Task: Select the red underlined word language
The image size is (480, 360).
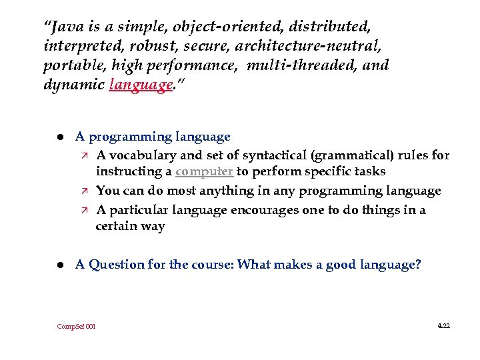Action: [140, 85]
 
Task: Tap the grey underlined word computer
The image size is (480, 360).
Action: [204, 171]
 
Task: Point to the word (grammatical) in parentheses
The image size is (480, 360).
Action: [351, 155]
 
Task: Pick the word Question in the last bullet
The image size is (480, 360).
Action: [117, 265]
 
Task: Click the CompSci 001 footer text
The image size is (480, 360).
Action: [76, 327]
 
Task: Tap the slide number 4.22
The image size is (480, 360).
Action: [443, 326]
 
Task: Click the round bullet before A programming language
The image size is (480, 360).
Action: [59, 137]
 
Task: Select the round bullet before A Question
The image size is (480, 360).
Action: [59, 265]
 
